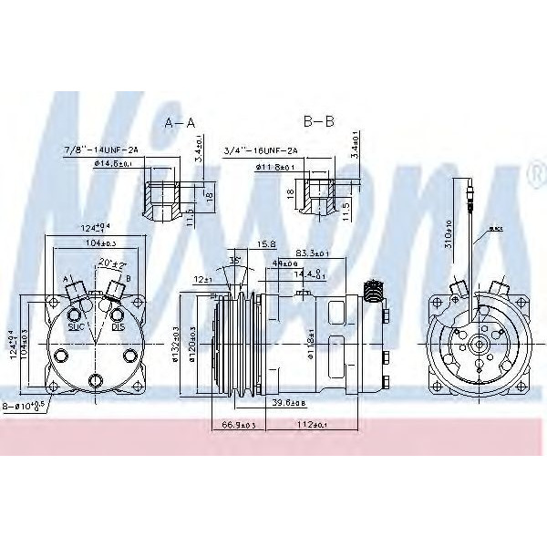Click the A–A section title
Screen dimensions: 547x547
(179, 121)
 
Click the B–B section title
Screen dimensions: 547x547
(318, 121)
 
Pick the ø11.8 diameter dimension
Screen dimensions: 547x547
(275, 168)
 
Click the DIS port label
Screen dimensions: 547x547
(117, 325)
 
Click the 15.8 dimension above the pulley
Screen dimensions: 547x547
(266, 243)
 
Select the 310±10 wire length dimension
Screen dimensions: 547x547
(448, 232)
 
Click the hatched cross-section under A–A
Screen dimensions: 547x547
(161, 196)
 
